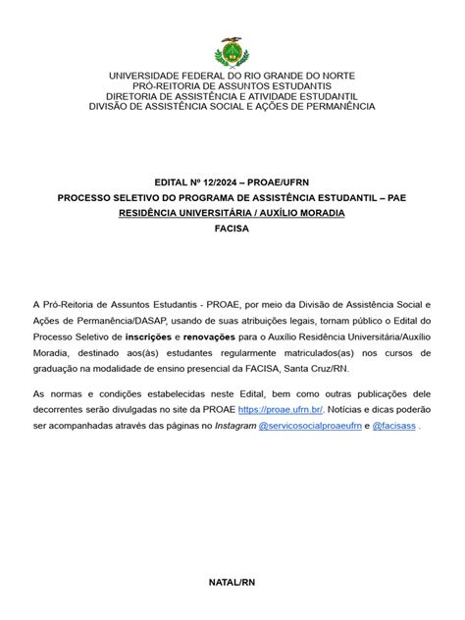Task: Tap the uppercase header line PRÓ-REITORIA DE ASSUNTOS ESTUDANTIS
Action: click(232, 86)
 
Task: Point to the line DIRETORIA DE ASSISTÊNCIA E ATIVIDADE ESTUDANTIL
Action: click(232, 96)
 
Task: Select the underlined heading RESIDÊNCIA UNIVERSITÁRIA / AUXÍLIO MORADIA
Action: click(232, 212)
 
